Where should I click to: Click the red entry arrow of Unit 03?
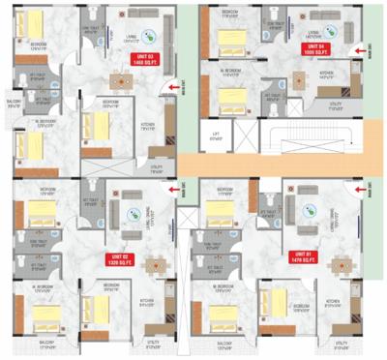pyautogui.click(x=171, y=89)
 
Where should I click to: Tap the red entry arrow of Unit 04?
pyautogui.click(x=361, y=47)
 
